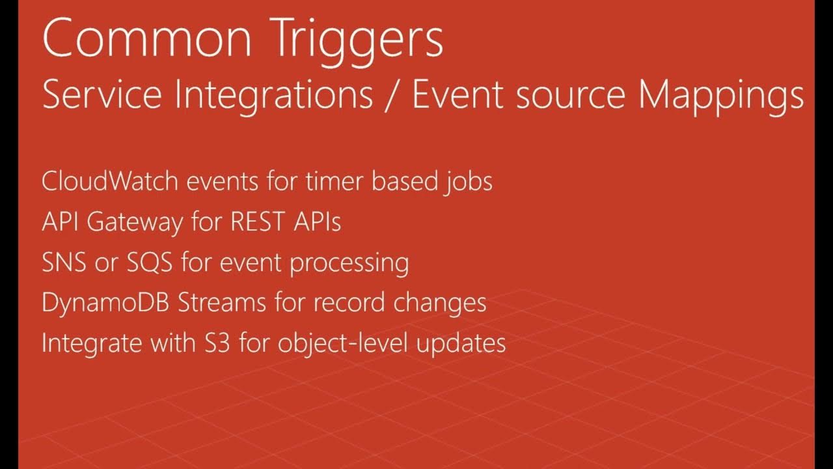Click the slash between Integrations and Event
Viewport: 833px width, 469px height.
click(x=392, y=96)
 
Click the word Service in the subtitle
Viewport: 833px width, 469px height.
click(x=101, y=95)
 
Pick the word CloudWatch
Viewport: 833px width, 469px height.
click(x=109, y=181)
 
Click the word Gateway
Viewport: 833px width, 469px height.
click(x=135, y=223)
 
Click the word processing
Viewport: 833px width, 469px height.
click(x=349, y=264)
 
